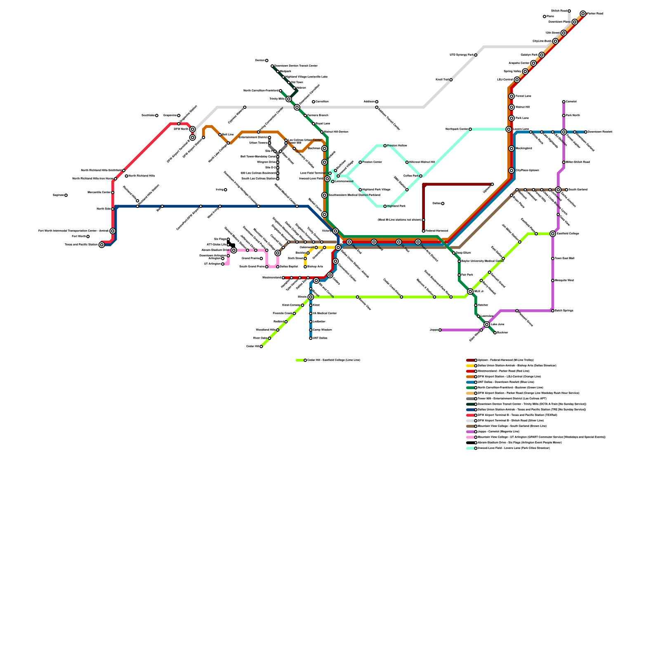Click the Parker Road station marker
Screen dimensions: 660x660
pyautogui.click(x=583, y=14)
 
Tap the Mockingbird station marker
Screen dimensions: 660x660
pyautogui.click(x=511, y=148)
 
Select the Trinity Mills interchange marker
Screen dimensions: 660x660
pyautogui.click(x=289, y=99)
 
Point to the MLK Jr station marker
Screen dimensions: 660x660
pyautogui.click(x=470, y=292)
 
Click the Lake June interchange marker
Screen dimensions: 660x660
pyautogui.click(x=487, y=325)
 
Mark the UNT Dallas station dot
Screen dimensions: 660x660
pyautogui.click(x=311, y=338)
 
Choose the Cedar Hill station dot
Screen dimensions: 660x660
pyautogui.click(x=261, y=346)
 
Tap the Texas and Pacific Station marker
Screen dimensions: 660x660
pyautogui.click(x=102, y=245)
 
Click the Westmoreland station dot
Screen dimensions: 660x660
pyautogui.click(x=283, y=278)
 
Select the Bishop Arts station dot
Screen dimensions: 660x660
pyautogui.click(x=305, y=267)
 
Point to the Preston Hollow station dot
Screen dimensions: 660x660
pyautogui.click(x=385, y=146)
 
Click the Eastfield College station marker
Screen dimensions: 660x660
pyautogui.click(x=553, y=234)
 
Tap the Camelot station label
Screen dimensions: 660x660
pyautogui.click(x=571, y=101)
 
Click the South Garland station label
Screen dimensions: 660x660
pyautogui.click(x=577, y=190)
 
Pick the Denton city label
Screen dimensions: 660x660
pyautogui.click(x=259, y=61)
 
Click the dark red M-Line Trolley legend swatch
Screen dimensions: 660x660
pyautogui.click(x=470, y=360)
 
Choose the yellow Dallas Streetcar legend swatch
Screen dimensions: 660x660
pyautogui.click(x=470, y=365)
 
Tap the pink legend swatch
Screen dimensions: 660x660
pyautogui.click(x=470, y=437)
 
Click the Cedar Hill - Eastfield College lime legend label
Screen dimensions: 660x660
pyautogui.click(x=334, y=360)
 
